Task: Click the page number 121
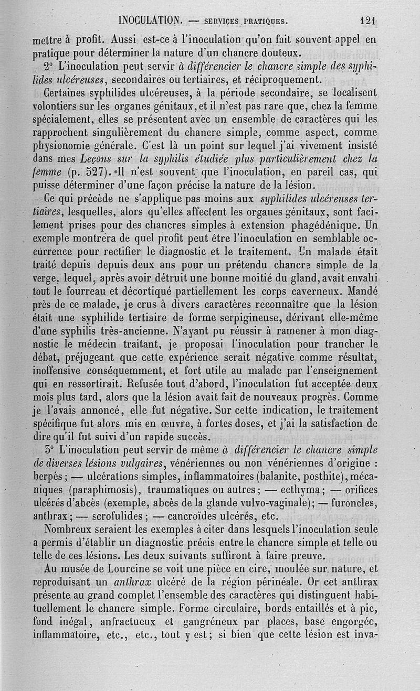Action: point(370,21)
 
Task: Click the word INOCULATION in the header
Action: point(151,21)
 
